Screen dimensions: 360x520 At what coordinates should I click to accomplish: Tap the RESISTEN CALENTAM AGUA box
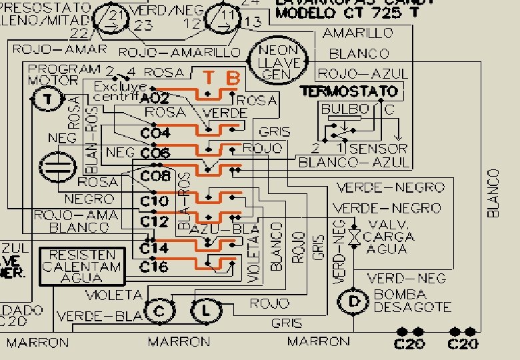pyautogui.click(x=82, y=267)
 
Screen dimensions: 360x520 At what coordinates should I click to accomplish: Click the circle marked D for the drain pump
pyautogui.click(x=353, y=301)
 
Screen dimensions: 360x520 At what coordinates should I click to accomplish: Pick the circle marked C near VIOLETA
pyautogui.click(x=159, y=311)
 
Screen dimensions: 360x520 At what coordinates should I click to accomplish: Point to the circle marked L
pyautogui.click(x=206, y=309)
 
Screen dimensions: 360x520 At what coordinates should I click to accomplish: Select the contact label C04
pyautogui.click(x=155, y=133)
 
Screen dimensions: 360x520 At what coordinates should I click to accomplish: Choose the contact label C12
pyautogui.click(x=155, y=221)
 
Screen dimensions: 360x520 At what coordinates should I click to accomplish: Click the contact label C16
pyautogui.click(x=154, y=266)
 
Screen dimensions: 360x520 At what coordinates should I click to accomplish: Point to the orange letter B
pyautogui.click(x=233, y=79)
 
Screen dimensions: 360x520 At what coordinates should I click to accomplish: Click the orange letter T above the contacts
pyautogui.click(x=209, y=79)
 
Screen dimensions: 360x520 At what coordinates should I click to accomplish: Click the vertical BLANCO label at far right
pyautogui.click(x=493, y=193)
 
